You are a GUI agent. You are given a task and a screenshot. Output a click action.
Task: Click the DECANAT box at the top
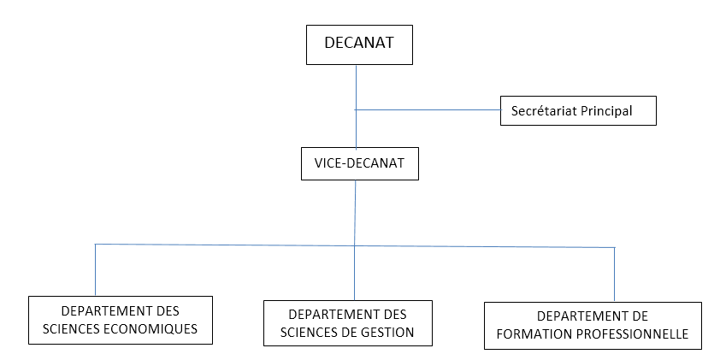pyautogui.click(x=359, y=44)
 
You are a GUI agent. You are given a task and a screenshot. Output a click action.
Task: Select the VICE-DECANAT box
pyautogui.click(x=359, y=162)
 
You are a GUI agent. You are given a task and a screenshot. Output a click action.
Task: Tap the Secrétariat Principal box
pyautogui.click(x=577, y=110)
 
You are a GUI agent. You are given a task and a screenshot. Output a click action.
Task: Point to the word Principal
pyautogui.click(x=609, y=110)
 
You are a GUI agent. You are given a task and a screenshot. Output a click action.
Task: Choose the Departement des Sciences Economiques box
pyautogui.click(x=120, y=320)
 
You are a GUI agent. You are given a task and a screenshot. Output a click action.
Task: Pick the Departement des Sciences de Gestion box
pyautogui.click(x=347, y=323)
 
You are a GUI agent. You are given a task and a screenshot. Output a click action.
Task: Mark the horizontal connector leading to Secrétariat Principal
pyautogui.click(x=428, y=109)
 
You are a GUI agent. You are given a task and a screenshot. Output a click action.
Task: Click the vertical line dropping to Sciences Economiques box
pyautogui.click(x=95, y=269)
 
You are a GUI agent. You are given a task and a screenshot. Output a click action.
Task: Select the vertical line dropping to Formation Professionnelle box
pyautogui.click(x=615, y=274)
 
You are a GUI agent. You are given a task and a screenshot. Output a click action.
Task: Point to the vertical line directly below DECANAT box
pyautogui.click(x=356, y=86)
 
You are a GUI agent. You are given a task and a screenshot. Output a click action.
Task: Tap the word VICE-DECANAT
pyautogui.click(x=359, y=162)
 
